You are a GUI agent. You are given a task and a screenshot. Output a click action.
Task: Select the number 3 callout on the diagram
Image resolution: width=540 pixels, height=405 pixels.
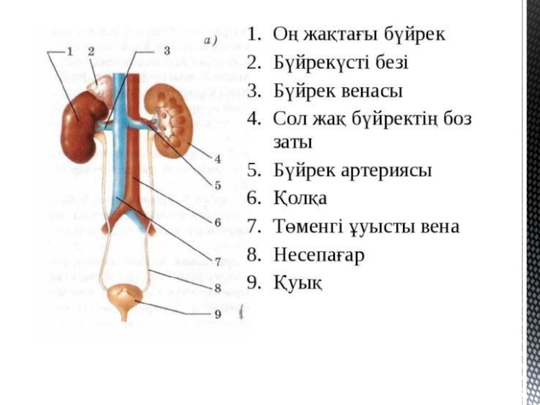coord(166,51)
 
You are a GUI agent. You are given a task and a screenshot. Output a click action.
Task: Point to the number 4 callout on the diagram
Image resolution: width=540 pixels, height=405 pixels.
coord(217,159)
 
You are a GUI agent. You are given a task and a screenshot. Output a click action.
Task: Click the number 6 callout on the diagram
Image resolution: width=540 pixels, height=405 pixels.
coord(217,221)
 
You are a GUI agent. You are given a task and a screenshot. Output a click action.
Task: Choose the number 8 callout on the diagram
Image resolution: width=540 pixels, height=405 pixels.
coord(217,288)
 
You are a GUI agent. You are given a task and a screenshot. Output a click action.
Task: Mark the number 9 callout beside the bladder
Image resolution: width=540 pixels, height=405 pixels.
coord(217,313)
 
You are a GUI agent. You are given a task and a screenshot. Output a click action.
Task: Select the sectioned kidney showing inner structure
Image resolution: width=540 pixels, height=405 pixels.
coord(169,115)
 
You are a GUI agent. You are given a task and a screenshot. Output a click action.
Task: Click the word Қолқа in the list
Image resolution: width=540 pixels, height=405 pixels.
coord(300,199)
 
